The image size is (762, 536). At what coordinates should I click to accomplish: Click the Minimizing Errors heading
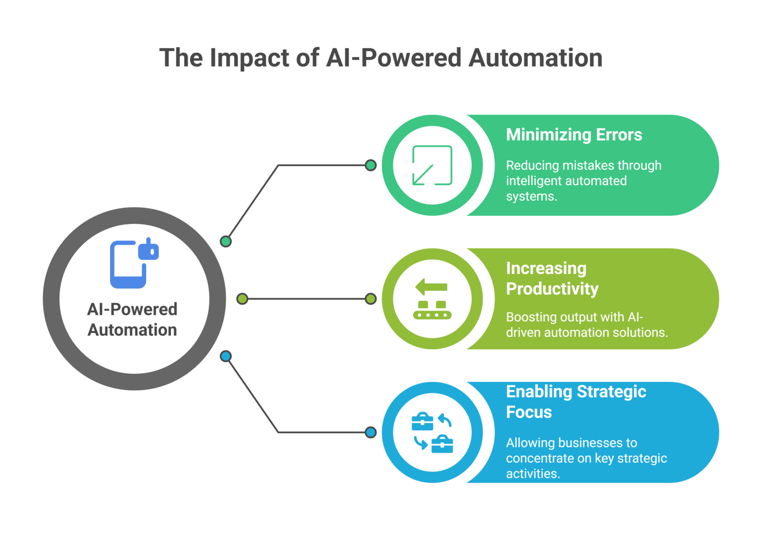coord(574,135)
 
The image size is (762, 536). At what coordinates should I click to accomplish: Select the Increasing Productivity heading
coord(552,278)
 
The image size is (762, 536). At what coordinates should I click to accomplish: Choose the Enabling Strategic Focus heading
coord(575,402)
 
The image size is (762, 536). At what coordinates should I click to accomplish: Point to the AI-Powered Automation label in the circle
coord(132,320)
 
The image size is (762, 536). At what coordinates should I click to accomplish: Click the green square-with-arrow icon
coord(432,165)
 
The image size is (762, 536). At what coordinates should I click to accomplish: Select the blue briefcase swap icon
coord(432,432)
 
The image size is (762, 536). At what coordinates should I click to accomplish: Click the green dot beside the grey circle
coord(226,242)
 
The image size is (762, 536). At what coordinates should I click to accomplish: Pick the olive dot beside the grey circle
coord(242,299)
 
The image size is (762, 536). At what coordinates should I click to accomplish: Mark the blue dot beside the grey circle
coord(226,356)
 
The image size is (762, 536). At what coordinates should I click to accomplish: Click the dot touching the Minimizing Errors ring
coord(370,165)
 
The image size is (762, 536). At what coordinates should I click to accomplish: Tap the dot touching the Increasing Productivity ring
coord(370,299)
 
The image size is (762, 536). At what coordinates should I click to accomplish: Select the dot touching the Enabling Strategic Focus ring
coord(370,432)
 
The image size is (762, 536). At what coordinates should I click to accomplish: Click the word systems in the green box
coord(531,197)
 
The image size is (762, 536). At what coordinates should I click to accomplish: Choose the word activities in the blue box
coord(532,474)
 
